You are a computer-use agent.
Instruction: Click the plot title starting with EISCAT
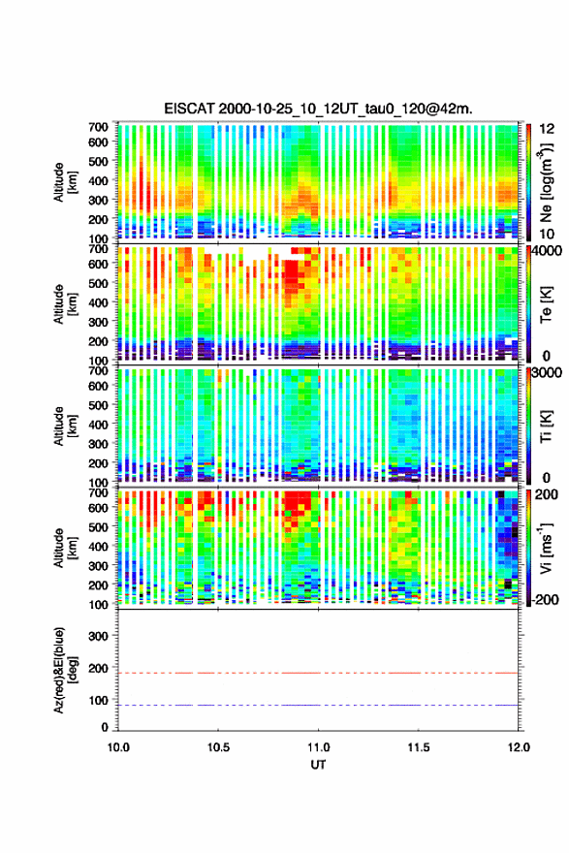point(318,109)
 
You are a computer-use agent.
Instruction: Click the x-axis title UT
point(318,765)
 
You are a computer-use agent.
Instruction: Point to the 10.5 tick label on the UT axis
point(218,747)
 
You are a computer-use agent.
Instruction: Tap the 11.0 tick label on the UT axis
point(318,747)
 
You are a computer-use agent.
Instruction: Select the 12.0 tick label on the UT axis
point(519,747)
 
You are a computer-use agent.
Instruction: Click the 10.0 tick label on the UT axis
point(118,747)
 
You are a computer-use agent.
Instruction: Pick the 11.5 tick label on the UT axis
point(419,747)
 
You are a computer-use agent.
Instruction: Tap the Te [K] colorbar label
point(546,305)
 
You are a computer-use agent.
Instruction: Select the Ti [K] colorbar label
point(546,426)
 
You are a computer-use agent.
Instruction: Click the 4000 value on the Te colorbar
point(548,251)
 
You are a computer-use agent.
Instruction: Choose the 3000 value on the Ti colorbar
point(548,372)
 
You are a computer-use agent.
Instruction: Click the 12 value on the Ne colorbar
point(548,129)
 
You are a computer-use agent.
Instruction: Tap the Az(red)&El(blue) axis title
point(65,670)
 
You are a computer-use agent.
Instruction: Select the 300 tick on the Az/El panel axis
point(98,636)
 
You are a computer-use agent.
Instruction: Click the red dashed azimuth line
point(318,673)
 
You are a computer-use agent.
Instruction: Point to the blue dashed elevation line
point(318,705)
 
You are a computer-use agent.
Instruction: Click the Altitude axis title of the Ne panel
point(65,182)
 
